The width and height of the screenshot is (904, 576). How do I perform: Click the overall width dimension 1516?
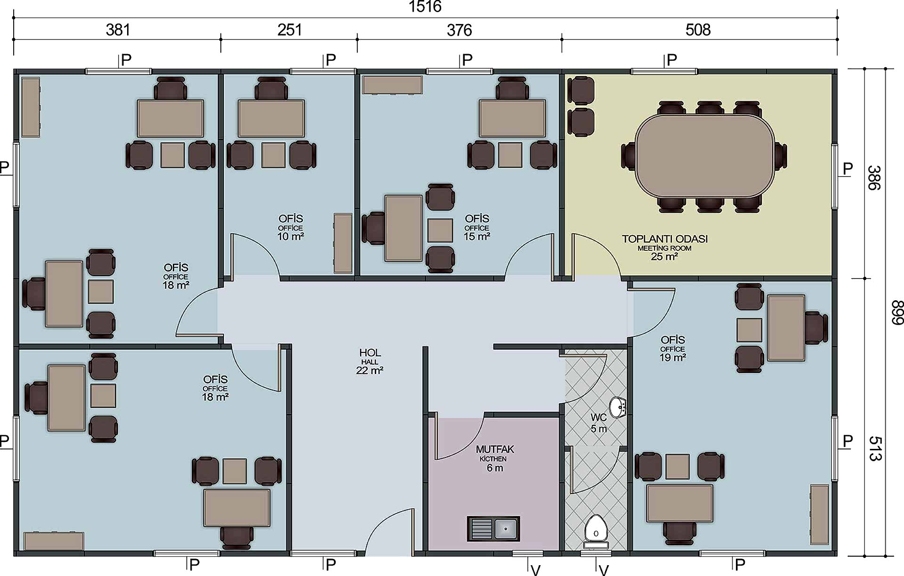[x=425, y=7]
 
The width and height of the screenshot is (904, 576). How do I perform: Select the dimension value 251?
[x=290, y=30]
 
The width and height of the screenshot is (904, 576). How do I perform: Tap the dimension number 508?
[x=698, y=30]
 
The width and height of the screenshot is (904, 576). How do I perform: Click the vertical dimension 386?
[x=874, y=177]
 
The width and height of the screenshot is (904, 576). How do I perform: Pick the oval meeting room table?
[x=704, y=156]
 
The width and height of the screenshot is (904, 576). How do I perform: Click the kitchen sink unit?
[x=493, y=528]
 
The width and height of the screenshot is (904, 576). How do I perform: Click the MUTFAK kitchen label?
[x=495, y=449]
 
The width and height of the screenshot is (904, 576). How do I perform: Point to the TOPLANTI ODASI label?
[x=665, y=239]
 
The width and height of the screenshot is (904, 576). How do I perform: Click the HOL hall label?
[x=370, y=352]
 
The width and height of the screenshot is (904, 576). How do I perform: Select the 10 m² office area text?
[x=291, y=236]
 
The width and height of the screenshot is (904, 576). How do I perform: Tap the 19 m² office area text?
[x=672, y=357]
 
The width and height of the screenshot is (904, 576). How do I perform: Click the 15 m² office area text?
[x=477, y=236]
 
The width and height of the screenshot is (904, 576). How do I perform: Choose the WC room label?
[x=598, y=417]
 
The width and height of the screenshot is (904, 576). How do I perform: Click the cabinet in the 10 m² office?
[x=343, y=243]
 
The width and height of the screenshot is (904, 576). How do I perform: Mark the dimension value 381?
[x=118, y=30]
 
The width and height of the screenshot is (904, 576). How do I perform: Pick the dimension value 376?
[x=459, y=30]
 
